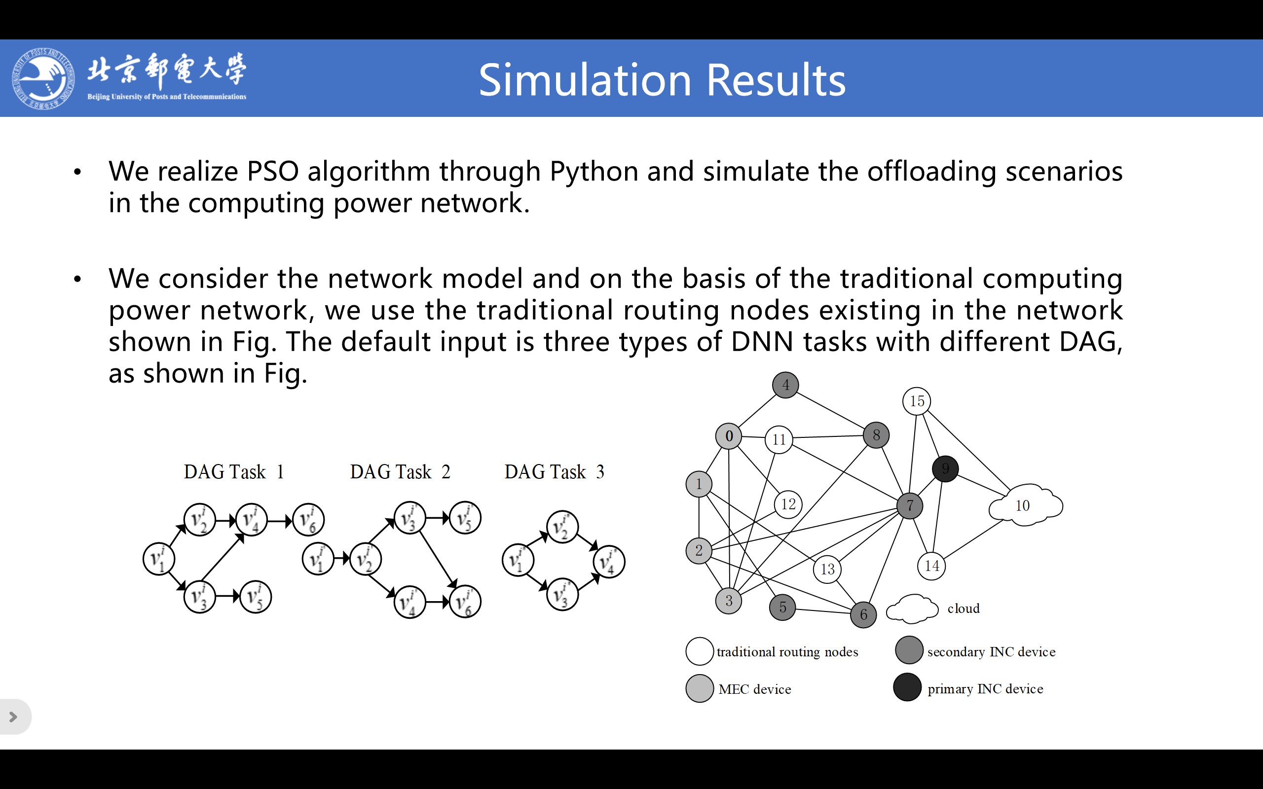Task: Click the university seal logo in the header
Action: [x=43, y=78]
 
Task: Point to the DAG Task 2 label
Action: [x=400, y=472]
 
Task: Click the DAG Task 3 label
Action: [x=554, y=472]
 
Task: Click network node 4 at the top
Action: [x=785, y=385]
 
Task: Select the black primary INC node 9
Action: [x=945, y=468]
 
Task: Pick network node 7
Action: [x=910, y=505]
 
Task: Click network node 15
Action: [x=917, y=401]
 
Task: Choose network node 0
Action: [x=729, y=436]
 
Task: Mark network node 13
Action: [x=827, y=569]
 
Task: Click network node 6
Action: [x=864, y=615]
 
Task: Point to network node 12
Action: [x=788, y=504]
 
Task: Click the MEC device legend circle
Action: [x=700, y=689]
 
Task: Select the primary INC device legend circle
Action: [x=908, y=687]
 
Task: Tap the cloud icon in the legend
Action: [x=912, y=609]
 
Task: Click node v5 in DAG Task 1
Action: [x=255, y=597]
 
